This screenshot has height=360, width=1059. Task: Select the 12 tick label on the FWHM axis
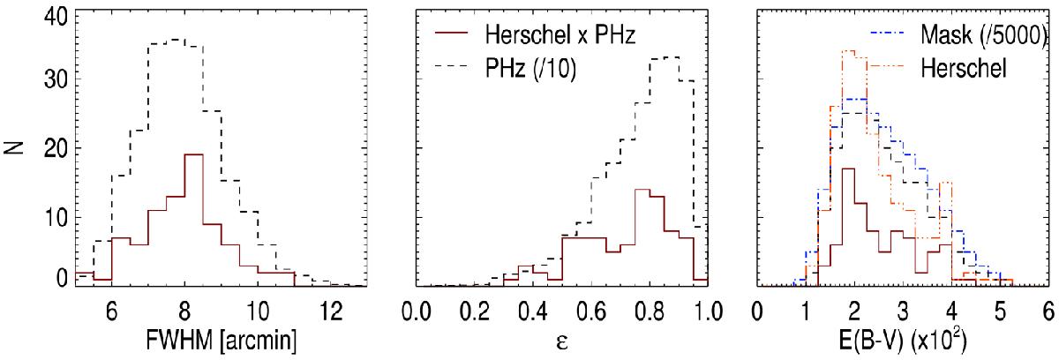[x=328, y=313]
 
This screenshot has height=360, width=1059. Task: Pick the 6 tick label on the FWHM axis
[x=111, y=313]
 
